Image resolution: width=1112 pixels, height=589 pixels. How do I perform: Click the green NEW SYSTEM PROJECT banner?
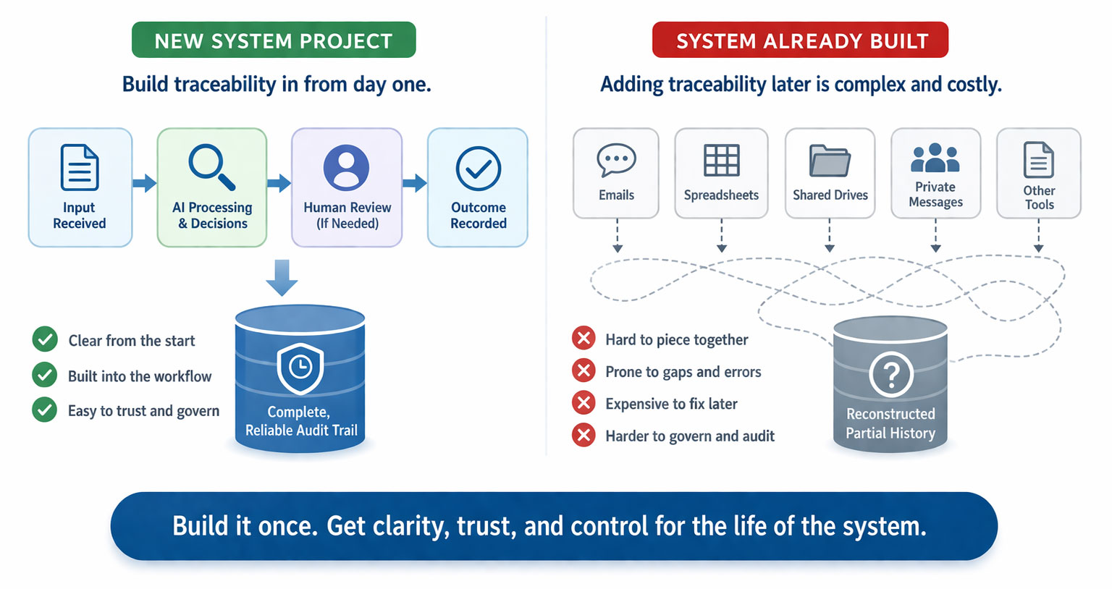274,40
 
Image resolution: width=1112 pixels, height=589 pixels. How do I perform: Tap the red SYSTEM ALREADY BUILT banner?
800,40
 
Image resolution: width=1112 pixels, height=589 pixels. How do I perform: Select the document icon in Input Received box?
80,167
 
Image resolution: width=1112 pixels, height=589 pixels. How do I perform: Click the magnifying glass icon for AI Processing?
212,167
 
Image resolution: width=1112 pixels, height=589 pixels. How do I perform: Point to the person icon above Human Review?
346,168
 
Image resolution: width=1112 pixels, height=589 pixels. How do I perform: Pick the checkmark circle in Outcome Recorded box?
478,168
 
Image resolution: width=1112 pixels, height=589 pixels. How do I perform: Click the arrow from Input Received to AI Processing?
145,183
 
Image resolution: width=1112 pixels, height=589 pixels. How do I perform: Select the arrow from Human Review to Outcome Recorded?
415,183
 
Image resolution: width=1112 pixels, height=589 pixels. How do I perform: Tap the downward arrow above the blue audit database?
282,277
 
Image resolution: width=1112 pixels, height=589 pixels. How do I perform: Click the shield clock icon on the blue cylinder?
300,368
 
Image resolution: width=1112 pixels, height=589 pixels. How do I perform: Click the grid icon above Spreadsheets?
721,161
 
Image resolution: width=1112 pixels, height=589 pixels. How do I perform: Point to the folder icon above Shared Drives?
830,161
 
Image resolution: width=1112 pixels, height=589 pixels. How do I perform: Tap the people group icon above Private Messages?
935,158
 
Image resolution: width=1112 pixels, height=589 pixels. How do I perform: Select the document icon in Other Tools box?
1039,160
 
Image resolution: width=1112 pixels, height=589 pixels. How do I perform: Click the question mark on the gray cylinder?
891,374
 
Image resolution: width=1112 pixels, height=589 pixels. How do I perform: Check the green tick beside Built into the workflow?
45,375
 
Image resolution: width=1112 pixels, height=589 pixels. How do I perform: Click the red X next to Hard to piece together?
584,338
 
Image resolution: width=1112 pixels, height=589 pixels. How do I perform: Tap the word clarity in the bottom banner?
411,527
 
